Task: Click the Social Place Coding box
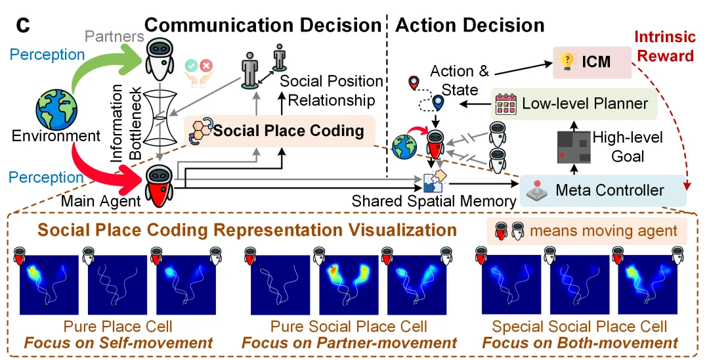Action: click(x=279, y=130)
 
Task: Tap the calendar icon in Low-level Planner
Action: click(x=506, y=103)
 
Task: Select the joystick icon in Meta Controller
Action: click(x=538, y=191)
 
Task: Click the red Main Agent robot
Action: click(x=160, y=185)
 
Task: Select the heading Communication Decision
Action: click(x=263, y=25)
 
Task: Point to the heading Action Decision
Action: click(x=471, y=25)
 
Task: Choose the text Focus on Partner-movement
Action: click(x=349, y=342)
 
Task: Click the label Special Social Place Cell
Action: click(x=580, y=326)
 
